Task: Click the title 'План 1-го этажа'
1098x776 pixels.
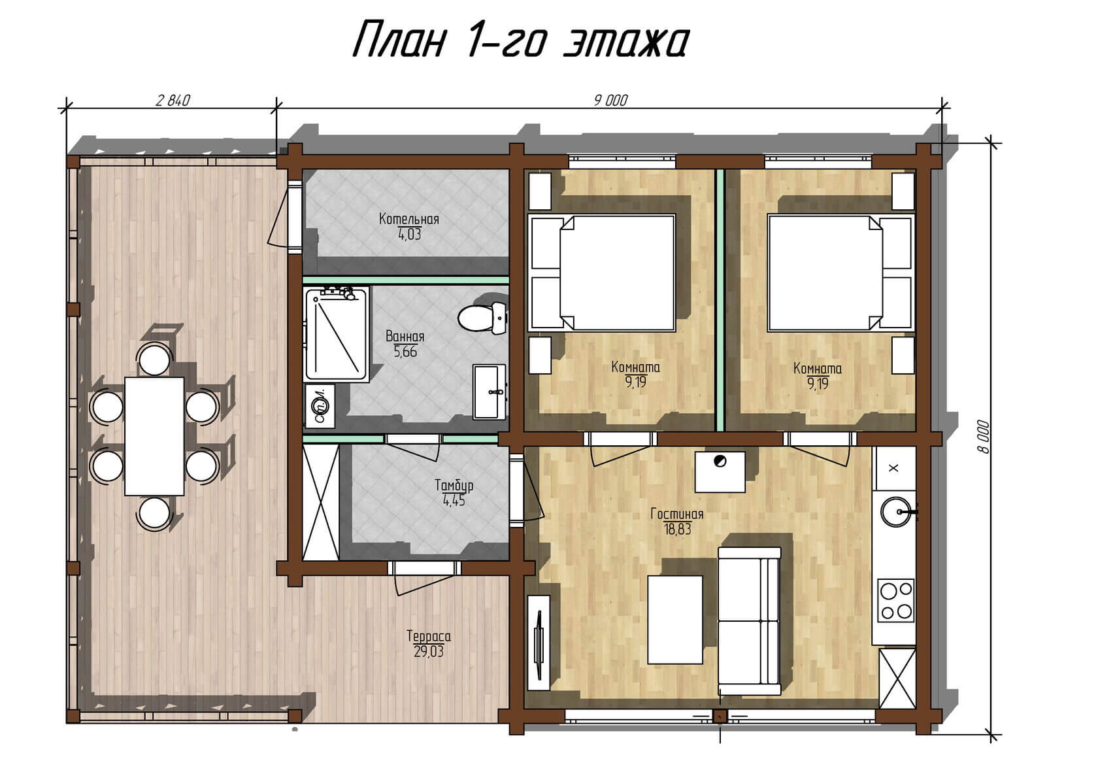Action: click(521, 40)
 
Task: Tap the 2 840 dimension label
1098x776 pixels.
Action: click(173, 101)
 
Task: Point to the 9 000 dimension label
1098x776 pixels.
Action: click(610, 101)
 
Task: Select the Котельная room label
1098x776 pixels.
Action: click(409, 218)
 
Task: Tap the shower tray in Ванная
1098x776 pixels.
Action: click(336, 335)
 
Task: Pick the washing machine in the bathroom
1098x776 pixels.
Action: click(320, 405)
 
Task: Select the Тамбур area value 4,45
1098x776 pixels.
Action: click(454, 501)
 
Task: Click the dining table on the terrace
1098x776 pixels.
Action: click(154, 436)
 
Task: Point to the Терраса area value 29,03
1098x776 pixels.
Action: click(429, 652)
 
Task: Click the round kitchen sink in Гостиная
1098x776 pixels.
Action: click(896, 512)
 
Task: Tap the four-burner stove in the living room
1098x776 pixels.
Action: click(895, 601)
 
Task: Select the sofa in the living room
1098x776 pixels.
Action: click(749, 621)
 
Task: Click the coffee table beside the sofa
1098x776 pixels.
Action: click(675, 620)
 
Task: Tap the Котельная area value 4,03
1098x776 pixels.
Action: click(409, 234)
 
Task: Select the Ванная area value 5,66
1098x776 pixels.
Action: click(405, 352)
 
